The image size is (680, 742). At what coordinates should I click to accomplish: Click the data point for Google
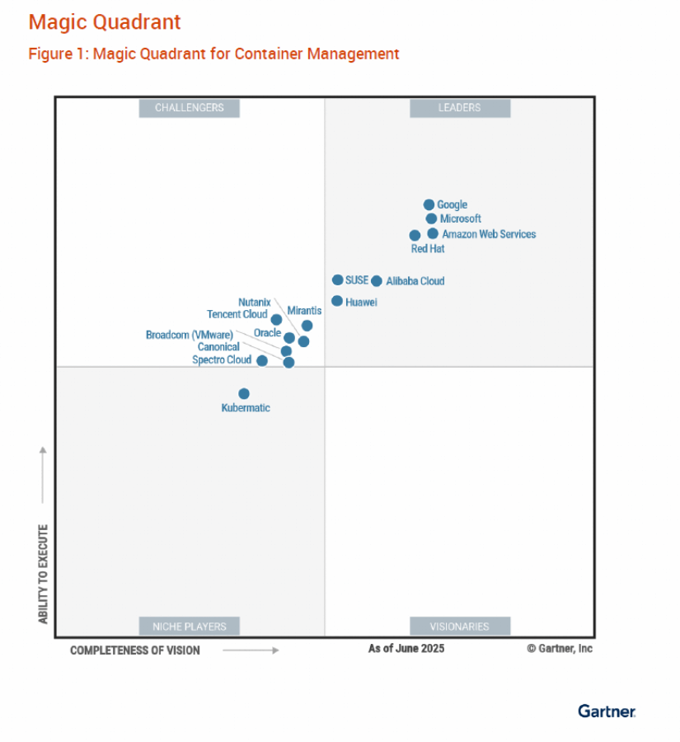click(x=429, y=204)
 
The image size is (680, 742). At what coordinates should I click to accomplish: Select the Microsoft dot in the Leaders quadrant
click(x=431, y=218)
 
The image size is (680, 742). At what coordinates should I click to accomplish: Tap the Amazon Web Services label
click(x=489, y=234)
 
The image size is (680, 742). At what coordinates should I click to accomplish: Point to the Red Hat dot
click(x=415, y=235)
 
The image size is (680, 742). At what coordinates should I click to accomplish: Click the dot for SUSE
click(x=338, y=279)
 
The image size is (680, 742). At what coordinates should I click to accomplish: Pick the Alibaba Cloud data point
click(x=377, y=280)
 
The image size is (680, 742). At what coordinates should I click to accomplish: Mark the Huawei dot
click(x=337, y=301)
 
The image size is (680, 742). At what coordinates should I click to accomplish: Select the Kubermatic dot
click(x=244, y=393)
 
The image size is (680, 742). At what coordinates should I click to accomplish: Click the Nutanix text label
click(x=254, y=303)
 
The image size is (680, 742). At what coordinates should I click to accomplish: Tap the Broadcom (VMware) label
click(x=189, y=335)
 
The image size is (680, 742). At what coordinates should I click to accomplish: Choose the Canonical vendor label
click(x=218, y=347)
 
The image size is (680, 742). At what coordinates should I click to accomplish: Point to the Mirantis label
click(x=304, y=311)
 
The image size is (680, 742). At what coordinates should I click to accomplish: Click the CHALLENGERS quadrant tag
click(x=189, y=108)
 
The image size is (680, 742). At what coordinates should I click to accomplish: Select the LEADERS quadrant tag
click(x=459, y=108)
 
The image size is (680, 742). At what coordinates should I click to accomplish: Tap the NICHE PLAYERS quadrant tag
click(x=189, y=627)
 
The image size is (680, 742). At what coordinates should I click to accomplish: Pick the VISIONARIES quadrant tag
click(x=459, y=627)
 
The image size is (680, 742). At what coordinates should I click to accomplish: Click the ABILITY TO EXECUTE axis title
click(x=43, y=574)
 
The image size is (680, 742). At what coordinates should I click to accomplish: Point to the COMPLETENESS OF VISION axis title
click(x=135, y=650)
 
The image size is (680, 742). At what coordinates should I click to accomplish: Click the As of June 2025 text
click(x=406, y=649)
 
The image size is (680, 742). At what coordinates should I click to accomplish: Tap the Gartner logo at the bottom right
click(x=606, y=711)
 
